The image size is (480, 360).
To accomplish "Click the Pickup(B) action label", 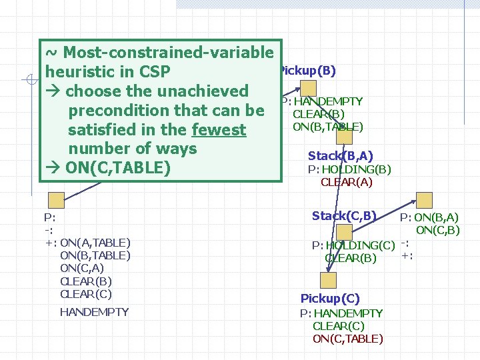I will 309,71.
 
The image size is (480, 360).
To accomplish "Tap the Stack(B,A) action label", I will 340,156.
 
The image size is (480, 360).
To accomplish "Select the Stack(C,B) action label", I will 344,215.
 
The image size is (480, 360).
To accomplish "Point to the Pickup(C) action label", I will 331,299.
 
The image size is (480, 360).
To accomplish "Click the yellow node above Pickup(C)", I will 327,280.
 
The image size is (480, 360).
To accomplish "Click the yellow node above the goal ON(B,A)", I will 424,199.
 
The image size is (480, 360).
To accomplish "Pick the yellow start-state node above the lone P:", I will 56,199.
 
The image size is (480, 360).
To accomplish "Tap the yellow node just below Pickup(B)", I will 308,88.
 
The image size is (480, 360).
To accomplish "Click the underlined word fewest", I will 219,129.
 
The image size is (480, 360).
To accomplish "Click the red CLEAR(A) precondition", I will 346,182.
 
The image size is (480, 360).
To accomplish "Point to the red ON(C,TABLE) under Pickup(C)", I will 347,339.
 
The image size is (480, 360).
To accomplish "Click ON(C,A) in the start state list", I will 81,268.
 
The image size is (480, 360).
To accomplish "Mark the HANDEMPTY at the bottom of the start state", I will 94,312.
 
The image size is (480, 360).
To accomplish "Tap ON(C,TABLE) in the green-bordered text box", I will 114,167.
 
